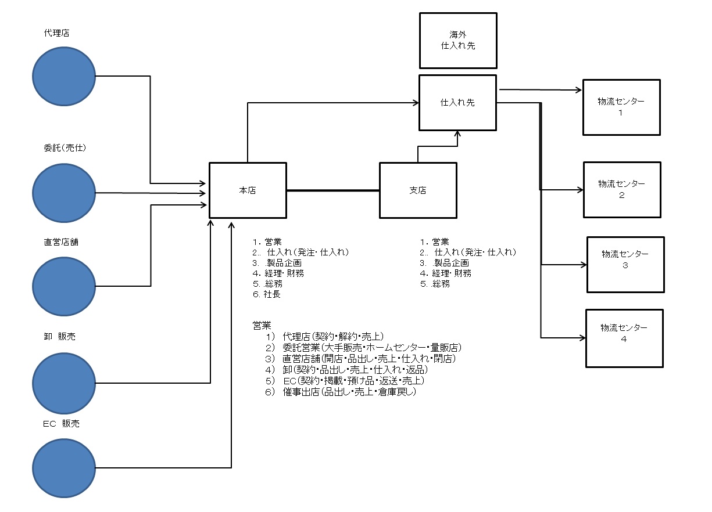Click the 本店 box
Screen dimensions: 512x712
(248, 190)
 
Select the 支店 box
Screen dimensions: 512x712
(418, 190)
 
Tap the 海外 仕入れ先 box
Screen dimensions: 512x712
(458, 41)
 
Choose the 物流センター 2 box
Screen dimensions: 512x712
(622, 189)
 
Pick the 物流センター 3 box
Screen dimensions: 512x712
(625, 265)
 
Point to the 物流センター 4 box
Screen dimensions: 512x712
(624, 338)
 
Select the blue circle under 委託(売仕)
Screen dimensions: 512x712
(63, 193)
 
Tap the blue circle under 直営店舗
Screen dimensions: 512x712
(63, 286)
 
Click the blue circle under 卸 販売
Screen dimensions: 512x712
(63, 383)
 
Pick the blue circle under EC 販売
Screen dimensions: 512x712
(63, 467)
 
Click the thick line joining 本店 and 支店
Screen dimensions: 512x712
(332, 190)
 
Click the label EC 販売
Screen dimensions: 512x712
(61, 424)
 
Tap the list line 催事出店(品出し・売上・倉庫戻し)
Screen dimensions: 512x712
(349, 392)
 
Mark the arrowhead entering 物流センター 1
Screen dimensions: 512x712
(579, 90)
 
